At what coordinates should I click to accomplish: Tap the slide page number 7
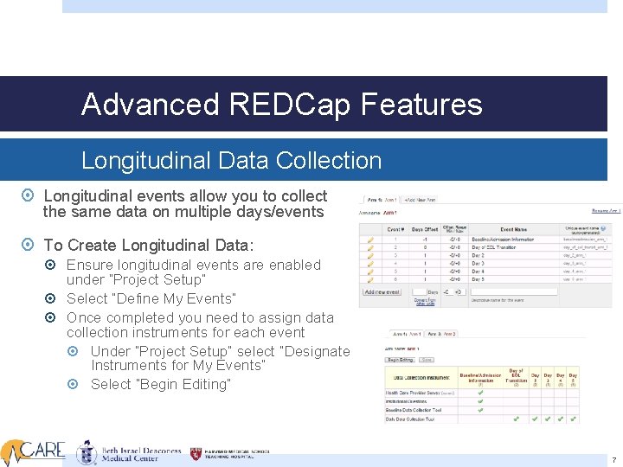coord(613,460)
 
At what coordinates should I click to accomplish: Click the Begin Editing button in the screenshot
coord(400,359)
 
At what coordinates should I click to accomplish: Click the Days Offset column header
coord(424,229)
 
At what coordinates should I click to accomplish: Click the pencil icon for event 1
coord(370,239)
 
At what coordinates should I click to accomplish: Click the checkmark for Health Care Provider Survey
coord(480,393)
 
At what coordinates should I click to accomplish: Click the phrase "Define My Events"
coord(182,298)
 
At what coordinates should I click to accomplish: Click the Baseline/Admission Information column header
coord(481,376)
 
